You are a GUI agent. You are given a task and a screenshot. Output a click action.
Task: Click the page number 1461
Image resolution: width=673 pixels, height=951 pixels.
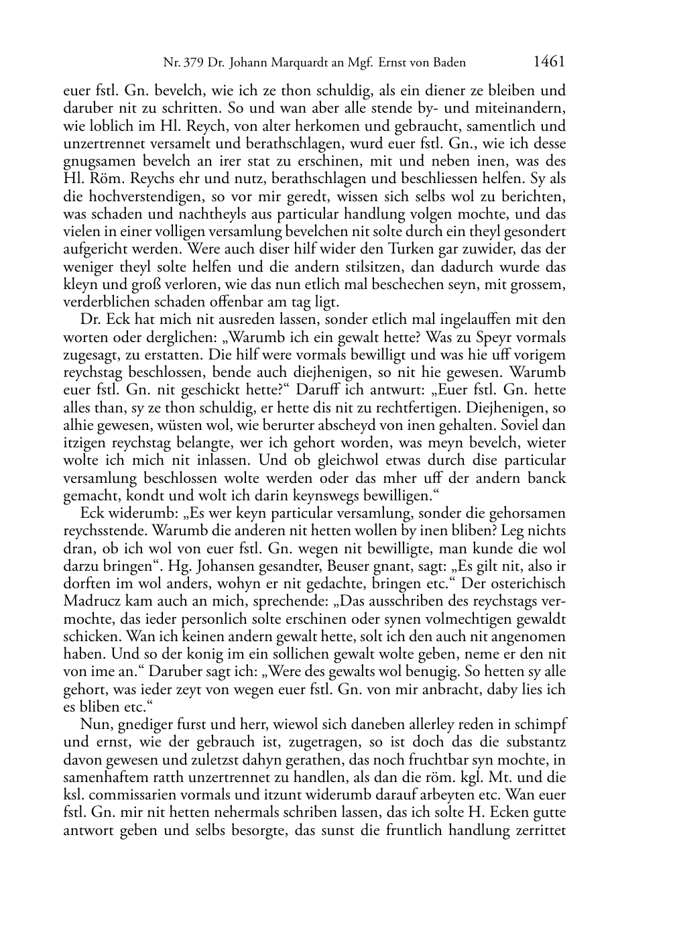pyautogui.click(x=549, y=62)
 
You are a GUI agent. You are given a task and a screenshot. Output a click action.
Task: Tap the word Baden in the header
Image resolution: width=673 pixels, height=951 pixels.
pyautogui.click(x=449, y=64)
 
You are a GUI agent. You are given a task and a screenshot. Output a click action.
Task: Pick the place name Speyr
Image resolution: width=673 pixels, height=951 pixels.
pyautogui.click(x=470, y=337)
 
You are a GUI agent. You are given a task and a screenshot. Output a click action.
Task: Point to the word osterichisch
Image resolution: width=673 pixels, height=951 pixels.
pyautogui.click(x=525, y=583)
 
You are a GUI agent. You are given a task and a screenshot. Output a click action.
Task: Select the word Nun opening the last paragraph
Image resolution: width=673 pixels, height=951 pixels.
pyautogui.click(x=93, y=724)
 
